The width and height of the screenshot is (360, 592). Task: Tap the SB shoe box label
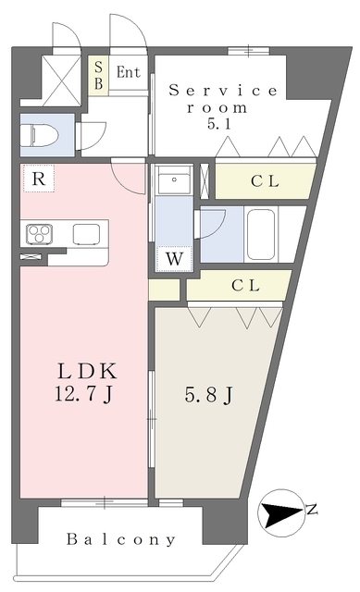tap(99, 75)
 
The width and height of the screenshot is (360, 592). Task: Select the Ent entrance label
tap(128, 72)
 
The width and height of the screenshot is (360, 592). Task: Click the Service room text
tap(222, 99)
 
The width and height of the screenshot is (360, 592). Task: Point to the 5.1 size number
tap(219, 124)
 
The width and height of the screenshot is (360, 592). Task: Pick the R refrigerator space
tap(39, 179)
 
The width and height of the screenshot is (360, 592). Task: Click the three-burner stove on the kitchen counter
tap(39, 234)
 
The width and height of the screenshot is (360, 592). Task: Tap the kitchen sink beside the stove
tap(86, 234)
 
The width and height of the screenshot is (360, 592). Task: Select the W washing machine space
tap(174, 259)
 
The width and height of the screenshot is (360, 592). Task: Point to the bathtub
tap(261, 234)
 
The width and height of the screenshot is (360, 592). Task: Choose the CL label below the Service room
tap(265, 181)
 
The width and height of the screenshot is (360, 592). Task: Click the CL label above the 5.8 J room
tap(245, 286)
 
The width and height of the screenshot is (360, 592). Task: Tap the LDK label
tap(87, 371)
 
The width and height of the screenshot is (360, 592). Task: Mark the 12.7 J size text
tap(84, 395)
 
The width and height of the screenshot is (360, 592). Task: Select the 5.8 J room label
tap(208, 395)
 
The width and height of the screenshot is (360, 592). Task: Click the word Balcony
tap(121, 539)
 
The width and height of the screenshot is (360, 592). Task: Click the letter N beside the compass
tap(311, 510)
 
